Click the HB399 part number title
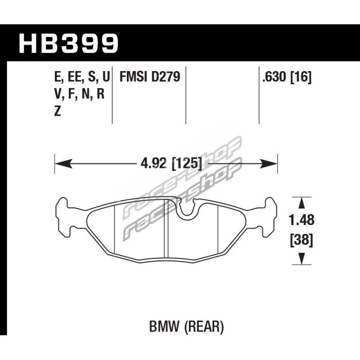(x=69, y=44)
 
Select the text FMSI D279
(x=150, y=77)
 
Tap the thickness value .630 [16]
(x=287, y=77)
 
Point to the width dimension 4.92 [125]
(x=172, y=164)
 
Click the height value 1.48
(x=301, y=220)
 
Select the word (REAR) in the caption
(x=204, y=327)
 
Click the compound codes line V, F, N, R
(x=80, y=94)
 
